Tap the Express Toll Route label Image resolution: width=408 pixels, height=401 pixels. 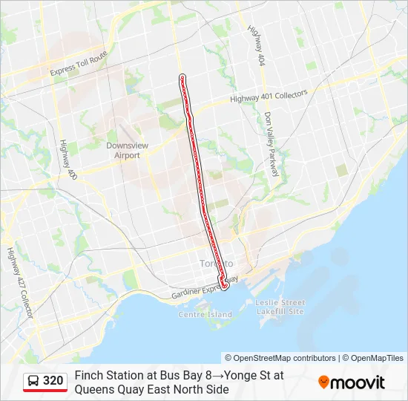coord(79,64)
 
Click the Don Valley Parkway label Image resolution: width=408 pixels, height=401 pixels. coord(271,144)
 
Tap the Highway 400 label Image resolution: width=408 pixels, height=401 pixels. coord(68,157)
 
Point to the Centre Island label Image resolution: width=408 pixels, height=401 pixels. coord(205,314)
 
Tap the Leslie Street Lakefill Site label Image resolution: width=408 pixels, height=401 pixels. coord(280,307)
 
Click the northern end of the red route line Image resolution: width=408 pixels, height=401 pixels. coord(182,76)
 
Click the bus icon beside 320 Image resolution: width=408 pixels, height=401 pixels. coord(33,381)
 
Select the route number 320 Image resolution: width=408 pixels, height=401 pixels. coord(53,381)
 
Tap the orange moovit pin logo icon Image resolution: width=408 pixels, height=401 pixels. coord(323,382)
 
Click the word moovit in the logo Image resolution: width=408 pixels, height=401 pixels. coord(358,382)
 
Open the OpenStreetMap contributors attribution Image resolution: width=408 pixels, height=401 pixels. coord(280,358)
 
